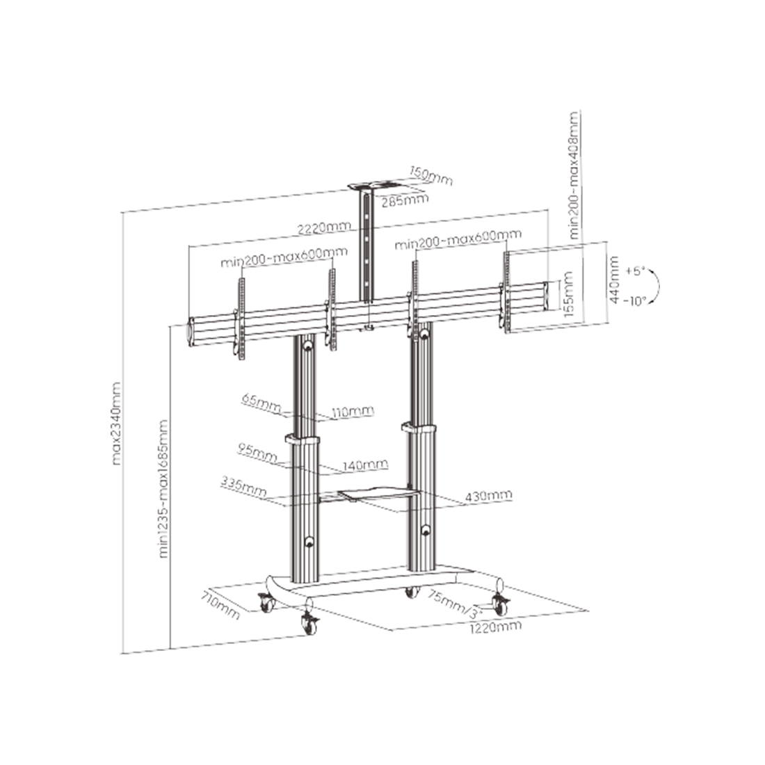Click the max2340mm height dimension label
[x=116, y=424]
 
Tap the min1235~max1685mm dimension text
[x=163, y=488]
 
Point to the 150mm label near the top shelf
[x=430, y=176]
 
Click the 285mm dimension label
[x=405, y=200]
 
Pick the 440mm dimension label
[x=614, y=280]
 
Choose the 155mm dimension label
[x=568, y=294]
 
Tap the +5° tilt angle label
[x=636, y=271]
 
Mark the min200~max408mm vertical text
[x=574, y=175]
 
